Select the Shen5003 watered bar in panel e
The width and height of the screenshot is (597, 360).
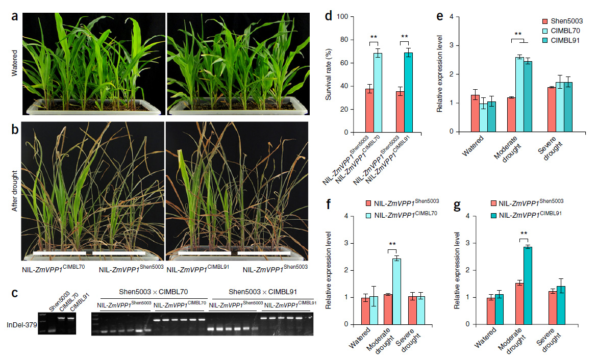[475, 113]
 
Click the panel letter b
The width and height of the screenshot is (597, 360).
[15, 128]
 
